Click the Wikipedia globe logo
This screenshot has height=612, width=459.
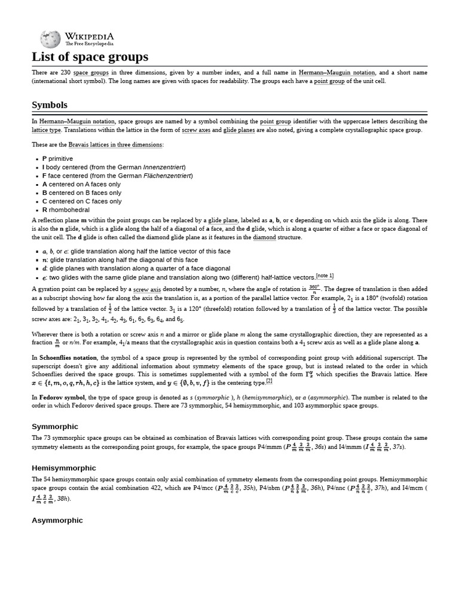[50, 39]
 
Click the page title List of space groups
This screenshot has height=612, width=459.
[90, 57]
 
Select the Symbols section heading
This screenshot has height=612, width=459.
[49, 105]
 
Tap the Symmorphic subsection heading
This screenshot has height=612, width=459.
[54, 426]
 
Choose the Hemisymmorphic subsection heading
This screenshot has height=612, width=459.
[63, 468]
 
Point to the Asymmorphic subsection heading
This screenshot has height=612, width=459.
[57, 520]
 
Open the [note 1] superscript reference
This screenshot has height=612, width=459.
[325, 276]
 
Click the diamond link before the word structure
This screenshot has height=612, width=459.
[264, 237]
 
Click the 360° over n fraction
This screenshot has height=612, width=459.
[314, 288]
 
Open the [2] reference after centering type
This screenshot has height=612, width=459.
[269, 381]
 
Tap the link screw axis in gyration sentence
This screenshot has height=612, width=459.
[147, 289]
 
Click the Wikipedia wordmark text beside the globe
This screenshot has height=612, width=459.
[90, 37]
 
